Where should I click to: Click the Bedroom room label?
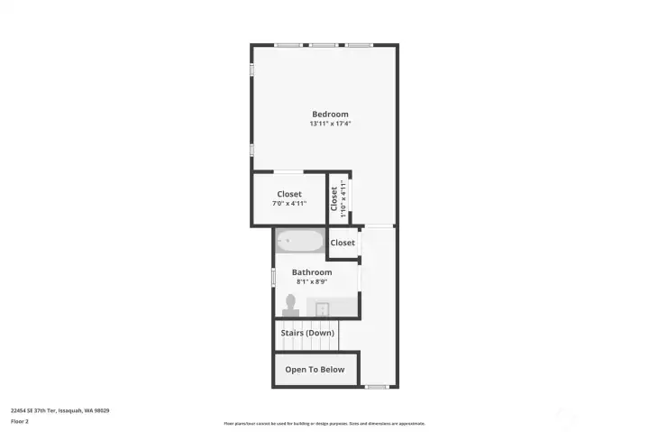[x=330, y=114]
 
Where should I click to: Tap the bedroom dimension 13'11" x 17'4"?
[x=330, y=124]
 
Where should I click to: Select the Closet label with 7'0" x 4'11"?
[x=289, y=194]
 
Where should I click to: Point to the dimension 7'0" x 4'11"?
[x=289, y=204]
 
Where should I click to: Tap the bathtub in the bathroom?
[x=300, y=242]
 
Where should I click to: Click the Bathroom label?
[x=312, y=271]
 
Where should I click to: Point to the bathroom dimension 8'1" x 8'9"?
[x=312, y=281]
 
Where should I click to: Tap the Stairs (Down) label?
[x=307, y=333]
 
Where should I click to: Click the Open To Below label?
[x=315, y=370]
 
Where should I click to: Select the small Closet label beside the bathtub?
[x=343, y=243]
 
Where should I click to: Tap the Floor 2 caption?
[x=19, y=421]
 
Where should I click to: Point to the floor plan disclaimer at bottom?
[x=324, y=423]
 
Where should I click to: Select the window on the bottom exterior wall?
[x=377, y=387]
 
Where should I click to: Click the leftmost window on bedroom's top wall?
[x=288, y=44]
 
